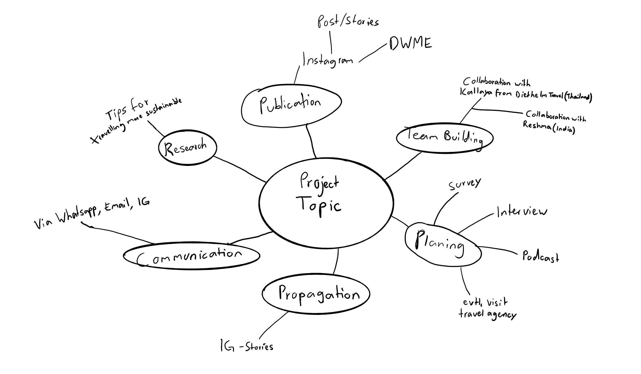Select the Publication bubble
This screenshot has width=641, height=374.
click(291, 105)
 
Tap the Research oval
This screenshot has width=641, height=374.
click(187, 148)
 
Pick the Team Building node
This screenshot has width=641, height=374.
click(444, 137)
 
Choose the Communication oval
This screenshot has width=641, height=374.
click(191, 256)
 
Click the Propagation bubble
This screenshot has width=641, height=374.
click(316, 294)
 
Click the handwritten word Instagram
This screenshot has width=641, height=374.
click(327, 60)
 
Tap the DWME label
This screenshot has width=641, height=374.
click(410, 44)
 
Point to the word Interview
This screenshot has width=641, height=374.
click(522, 212)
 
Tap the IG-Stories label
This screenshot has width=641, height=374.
click(247, 346)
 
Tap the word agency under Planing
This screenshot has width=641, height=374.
click(502, 315)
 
